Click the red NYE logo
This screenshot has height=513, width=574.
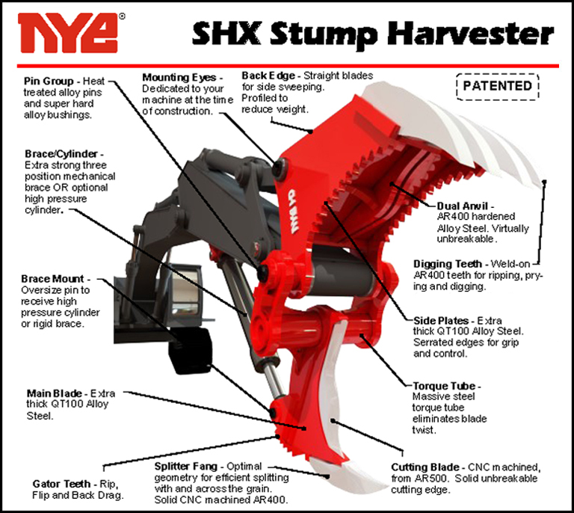68,33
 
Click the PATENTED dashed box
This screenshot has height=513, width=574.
498,87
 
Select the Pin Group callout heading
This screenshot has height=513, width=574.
49,81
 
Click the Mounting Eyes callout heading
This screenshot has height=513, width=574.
179,78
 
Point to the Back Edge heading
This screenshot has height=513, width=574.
268,76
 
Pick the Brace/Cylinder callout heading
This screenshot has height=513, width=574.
61,154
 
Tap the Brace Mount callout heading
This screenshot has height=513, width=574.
52,279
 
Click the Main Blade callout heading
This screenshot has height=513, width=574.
54,393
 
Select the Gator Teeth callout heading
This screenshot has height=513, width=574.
61,484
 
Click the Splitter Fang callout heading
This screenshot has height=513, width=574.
185,467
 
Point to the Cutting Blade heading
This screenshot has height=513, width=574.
425,467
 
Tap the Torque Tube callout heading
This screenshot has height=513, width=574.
444,386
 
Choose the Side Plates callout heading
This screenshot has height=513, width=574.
441,321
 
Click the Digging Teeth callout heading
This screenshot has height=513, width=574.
448,264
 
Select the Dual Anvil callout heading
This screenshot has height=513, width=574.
463,206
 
